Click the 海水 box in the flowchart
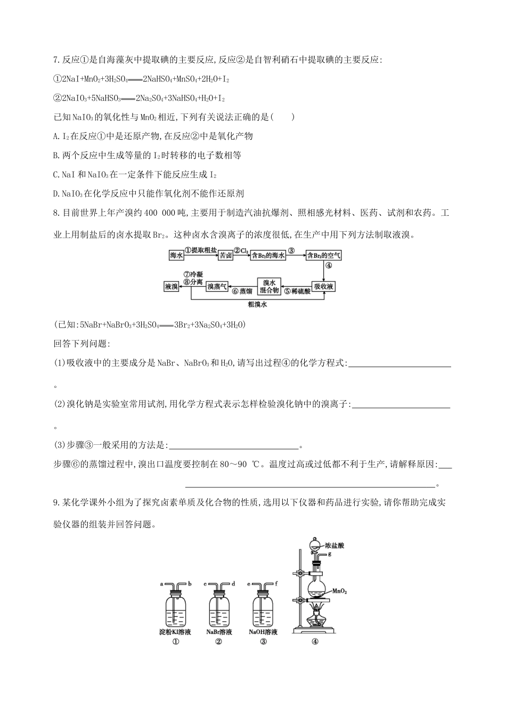176,256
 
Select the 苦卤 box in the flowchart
226,256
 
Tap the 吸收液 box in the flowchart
323,287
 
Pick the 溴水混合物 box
269,287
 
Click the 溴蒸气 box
217,287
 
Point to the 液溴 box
171,287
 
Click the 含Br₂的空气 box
324,256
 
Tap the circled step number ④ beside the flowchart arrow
329,265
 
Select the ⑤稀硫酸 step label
297,291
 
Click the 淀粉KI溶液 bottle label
175,632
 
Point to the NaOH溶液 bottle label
263,632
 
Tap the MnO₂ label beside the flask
340,591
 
